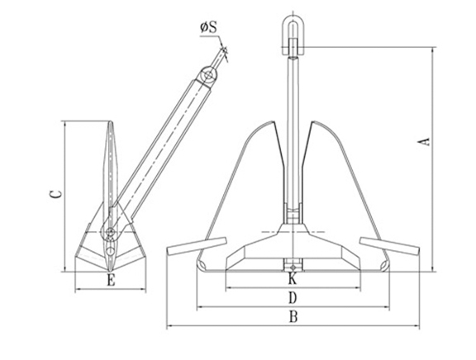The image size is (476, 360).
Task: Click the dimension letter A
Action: click(x=425, y=141)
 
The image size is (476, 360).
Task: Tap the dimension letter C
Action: click(x=55, y=194)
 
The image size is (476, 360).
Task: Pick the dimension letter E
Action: click(x=110, y=281)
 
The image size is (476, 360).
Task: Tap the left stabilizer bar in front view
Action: click(x=196, y=246)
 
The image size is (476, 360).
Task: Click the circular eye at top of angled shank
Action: click(x=208, y=76)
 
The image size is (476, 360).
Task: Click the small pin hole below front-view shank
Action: click(x=293, y=265)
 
